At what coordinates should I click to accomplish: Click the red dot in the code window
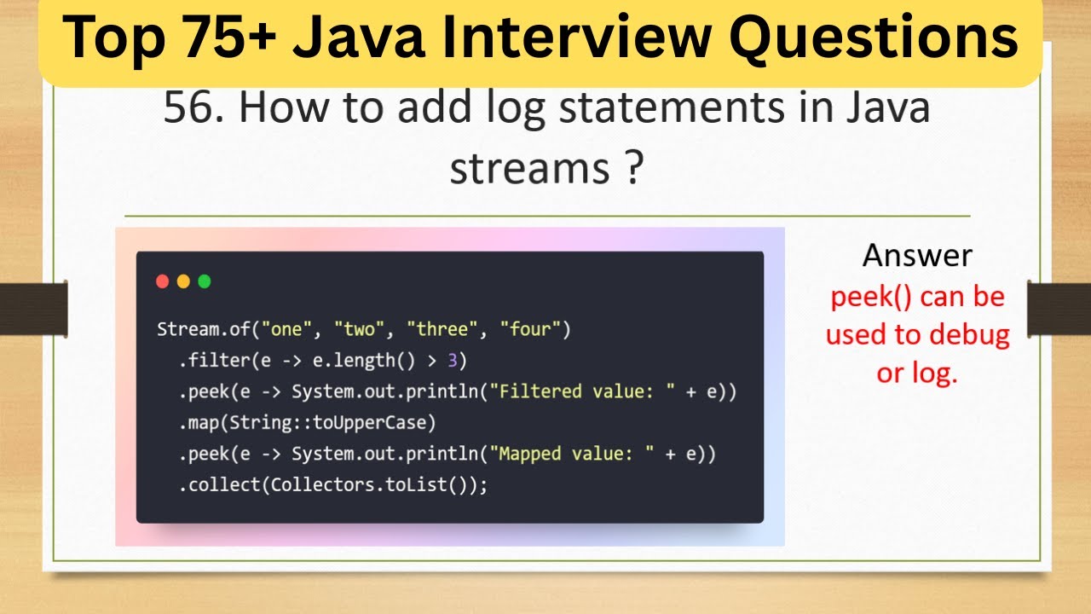tap(163, 281)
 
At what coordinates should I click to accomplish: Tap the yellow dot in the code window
tap(183, 281)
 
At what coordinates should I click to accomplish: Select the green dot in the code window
tap(205, 281)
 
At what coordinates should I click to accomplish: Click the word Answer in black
tap(917, 255)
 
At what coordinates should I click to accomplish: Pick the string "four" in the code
tap(529, 329)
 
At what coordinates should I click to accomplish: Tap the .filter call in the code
tap(214, 361)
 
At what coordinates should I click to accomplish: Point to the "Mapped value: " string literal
tap(567, 454)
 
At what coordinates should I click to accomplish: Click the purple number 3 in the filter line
tap(453, 361)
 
